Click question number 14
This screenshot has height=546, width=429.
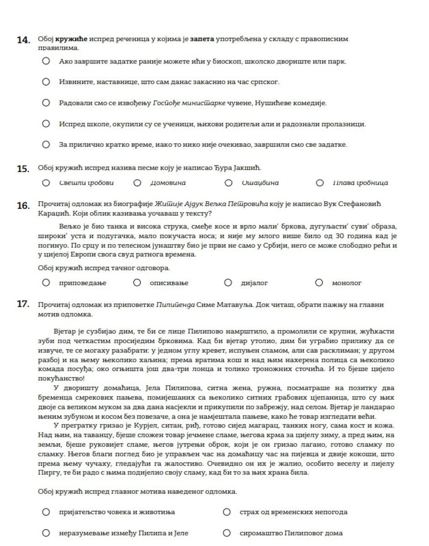tap(23, 40)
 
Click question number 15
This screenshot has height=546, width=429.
tap(23, 169)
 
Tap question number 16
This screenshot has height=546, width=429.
tap(23, 206)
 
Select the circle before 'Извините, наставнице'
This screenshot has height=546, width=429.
tap(46, 82)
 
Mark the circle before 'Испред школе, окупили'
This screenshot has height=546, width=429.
tap(46, 124)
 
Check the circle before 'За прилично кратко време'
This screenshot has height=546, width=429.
tap(46, 145)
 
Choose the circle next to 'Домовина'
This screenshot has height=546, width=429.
tap(137, 183)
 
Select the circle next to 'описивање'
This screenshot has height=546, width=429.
tap(137, 283)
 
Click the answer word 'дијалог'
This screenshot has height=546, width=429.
tap(254, 283)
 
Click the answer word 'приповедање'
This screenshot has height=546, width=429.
tap(83, 283)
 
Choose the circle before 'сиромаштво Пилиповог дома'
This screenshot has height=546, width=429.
tap(227, 533)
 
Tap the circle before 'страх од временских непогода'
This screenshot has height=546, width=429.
tap(227, 512)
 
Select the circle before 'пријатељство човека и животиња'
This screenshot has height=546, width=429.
tap(46, 512)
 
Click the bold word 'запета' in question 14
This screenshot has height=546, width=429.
tap(202, 39)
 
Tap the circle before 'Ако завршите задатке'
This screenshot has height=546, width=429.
tap(46, 61)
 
